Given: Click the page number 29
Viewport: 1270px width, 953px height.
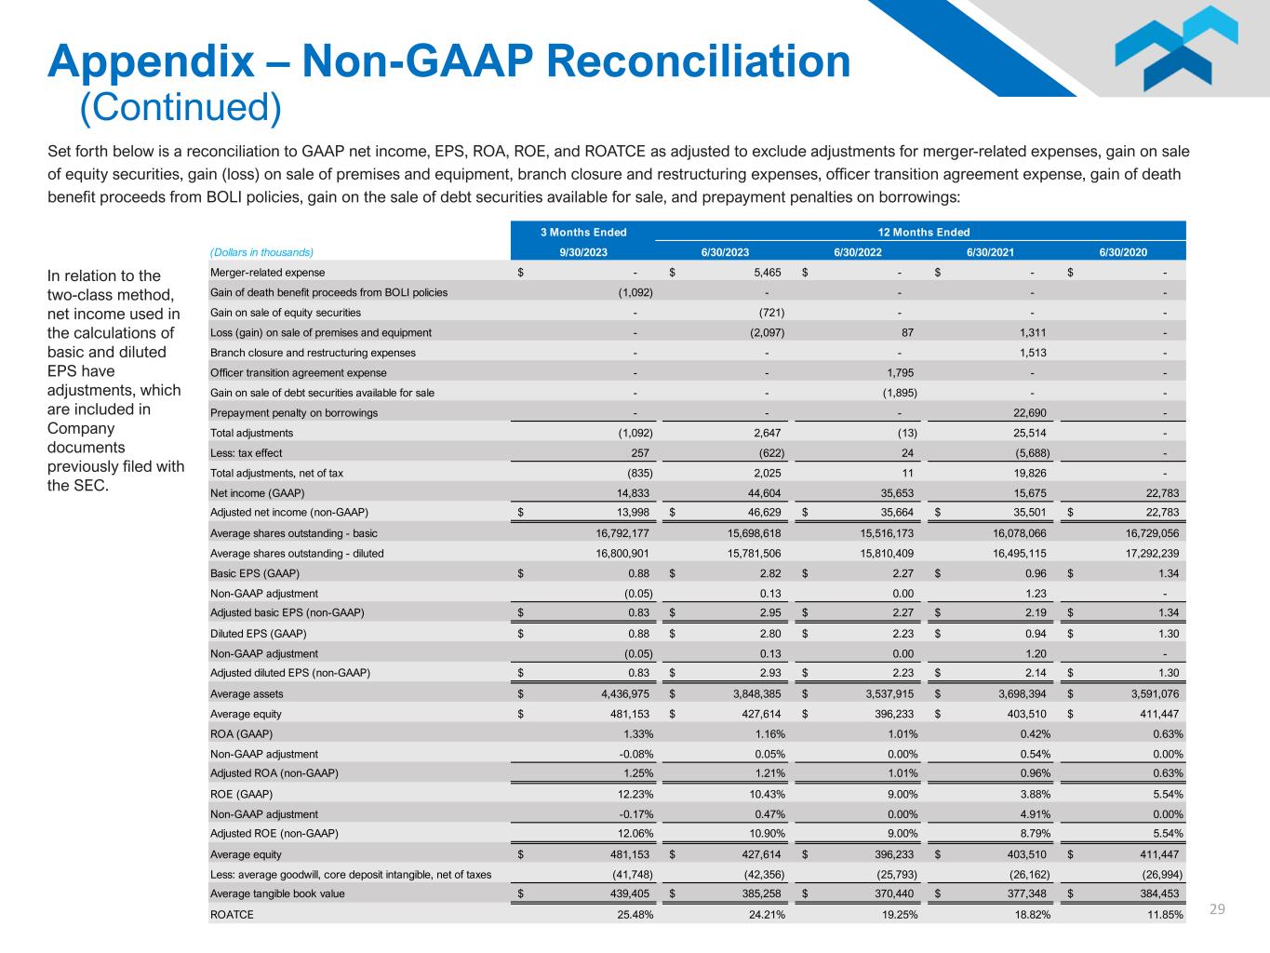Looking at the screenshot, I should pyautogui.click(x=1217, y=908).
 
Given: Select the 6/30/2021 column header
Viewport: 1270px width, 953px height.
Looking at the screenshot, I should pyautogui.click(x=990, y=251).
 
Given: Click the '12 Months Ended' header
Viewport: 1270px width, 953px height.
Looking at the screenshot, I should pyautogui.click(x=923, y=232).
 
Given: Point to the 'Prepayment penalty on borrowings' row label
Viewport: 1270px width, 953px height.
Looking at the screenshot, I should pyautogui.click(x=294, y=412).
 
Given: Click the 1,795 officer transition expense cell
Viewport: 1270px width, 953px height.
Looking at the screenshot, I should pyautogui.click(x=899, y=372).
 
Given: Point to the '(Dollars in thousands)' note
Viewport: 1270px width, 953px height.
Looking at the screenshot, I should pyautogui.click(x=261, y=251).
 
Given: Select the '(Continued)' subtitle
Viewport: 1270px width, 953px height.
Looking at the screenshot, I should pyautogui.click(x=180, y=108).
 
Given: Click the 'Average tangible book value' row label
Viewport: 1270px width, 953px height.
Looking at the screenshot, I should pyautogui.click(x=277, y=893).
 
